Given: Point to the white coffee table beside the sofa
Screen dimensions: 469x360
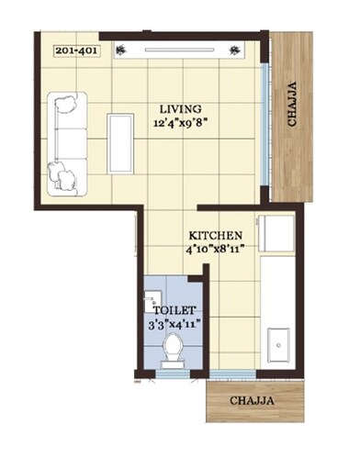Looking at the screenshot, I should coord(120,143).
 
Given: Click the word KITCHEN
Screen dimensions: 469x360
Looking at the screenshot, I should coord(216,235).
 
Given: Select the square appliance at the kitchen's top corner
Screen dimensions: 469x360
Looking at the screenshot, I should coord(276,233).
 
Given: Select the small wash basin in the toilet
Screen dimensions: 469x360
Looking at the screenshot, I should coord(149,300).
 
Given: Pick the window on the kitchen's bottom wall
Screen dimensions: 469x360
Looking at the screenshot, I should coord(235,372).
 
